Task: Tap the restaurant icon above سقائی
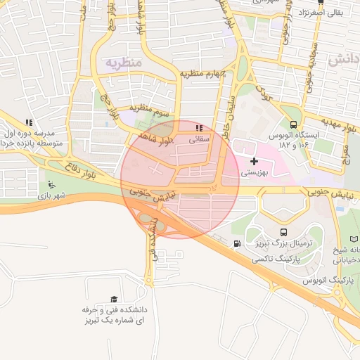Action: (199, 129)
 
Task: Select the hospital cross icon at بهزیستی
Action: (254, 161)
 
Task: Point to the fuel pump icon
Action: (236, 245)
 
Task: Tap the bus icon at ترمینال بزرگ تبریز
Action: (283, 233)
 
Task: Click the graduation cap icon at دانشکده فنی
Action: (114, 300)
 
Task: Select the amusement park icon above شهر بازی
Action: (51, 185)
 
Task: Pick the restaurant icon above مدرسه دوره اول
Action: (28, 122)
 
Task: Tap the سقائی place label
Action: (200, 139)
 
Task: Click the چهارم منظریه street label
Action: (202, 74)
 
